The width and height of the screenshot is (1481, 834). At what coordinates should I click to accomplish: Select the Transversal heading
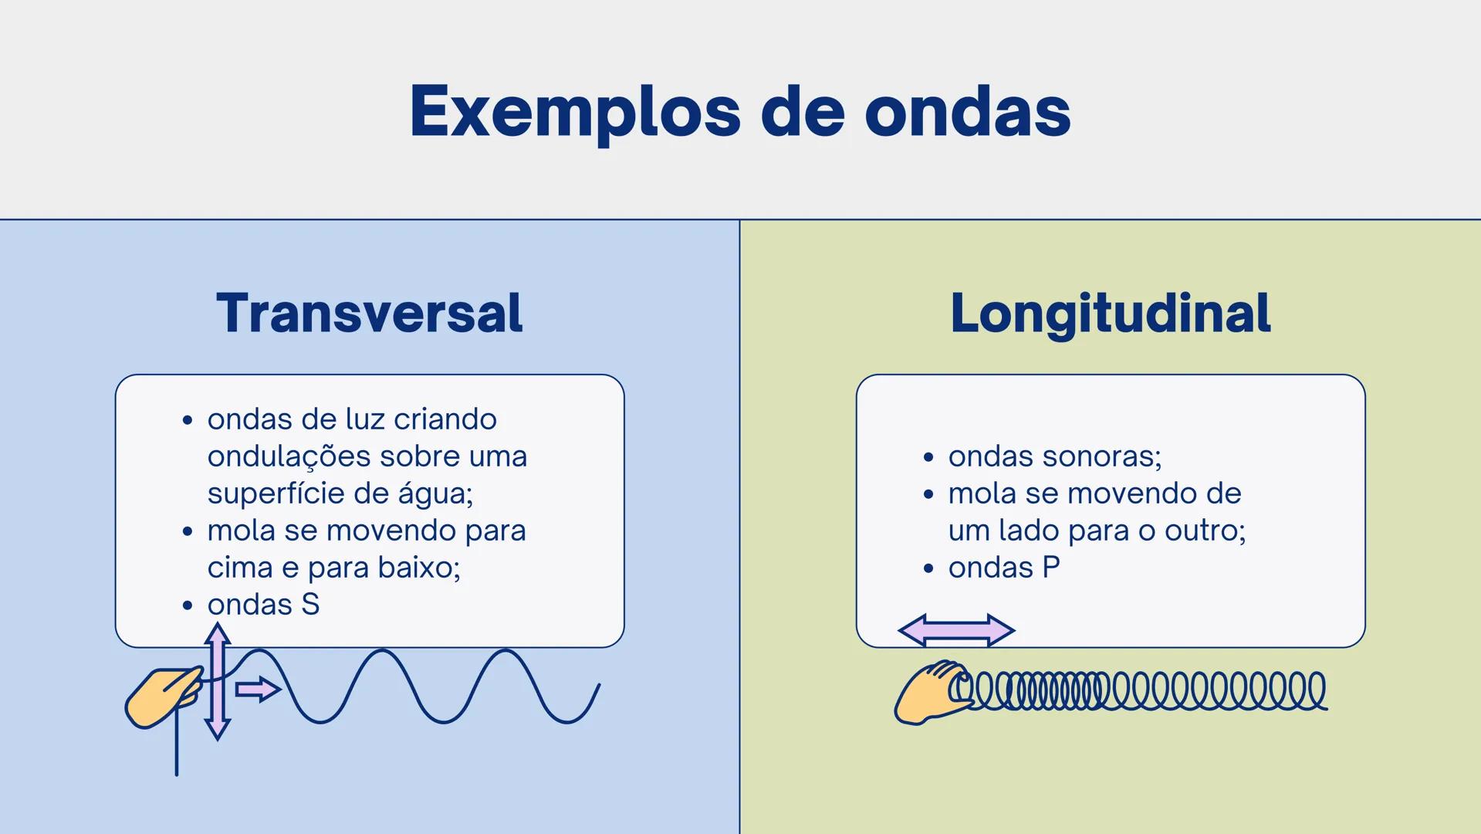tap(370, 314)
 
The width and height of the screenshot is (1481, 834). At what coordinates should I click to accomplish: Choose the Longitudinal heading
tap(1110, 314)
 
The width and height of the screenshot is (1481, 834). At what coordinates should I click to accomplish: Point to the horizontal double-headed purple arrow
tap(956, 630)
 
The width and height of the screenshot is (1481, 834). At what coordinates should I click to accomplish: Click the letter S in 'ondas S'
tap(310, 605)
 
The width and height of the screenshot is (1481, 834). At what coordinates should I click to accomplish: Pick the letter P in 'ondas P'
tap(1051, 568)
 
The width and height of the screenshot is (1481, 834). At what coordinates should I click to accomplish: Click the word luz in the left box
tap(363, 419)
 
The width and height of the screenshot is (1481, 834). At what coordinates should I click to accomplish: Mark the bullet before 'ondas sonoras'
tap(928, 457)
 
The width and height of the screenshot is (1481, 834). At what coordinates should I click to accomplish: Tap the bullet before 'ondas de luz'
tap(188, 421)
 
